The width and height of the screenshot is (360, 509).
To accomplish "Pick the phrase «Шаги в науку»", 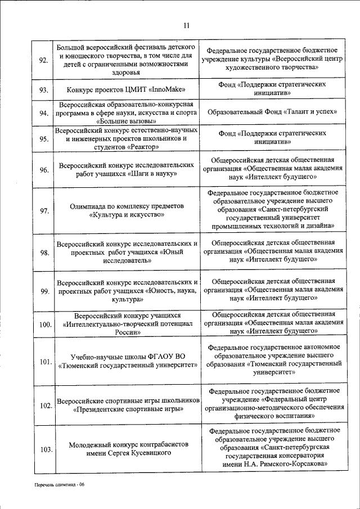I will (x=154, y=174).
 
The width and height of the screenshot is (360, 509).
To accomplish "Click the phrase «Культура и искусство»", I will (x=127, y=214).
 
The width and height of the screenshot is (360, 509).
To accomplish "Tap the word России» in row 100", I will (x=127, y=332).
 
